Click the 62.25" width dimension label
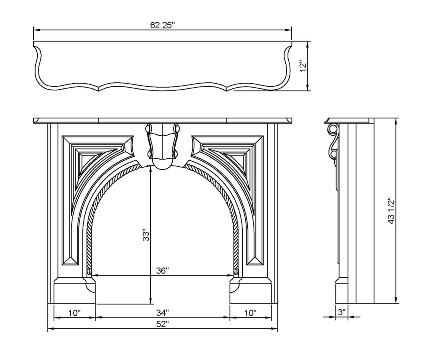(x=162, y=25)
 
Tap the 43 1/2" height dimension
(x=392, y=210)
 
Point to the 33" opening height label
(x=146, y=235)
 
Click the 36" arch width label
(x=162, y=271)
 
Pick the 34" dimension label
(x=162, y=313)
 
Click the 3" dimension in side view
(x=342, y=312)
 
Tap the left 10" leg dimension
(x=74, y=313)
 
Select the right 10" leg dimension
(x=250, y=313)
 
